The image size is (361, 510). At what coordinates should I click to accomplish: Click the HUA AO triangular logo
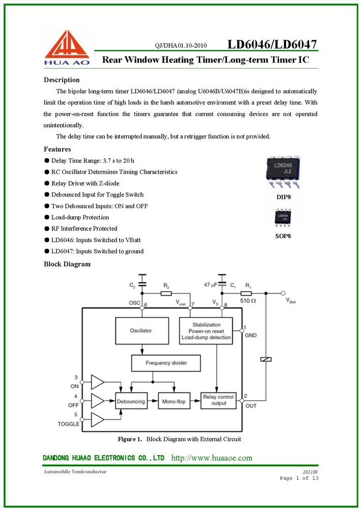click(x=66, y=47)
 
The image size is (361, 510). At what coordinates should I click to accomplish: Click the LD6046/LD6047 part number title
click(x=272, y=44)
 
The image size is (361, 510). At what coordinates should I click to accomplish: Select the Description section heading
click(x=62, y=80)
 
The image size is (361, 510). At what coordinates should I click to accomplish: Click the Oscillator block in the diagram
click(x=142, y=330)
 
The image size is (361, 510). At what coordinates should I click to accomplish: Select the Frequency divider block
click(x=166, y=363)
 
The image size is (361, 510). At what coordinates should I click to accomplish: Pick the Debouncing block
click(x=131, y=402)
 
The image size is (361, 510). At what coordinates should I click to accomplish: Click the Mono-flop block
click(x=174, y=402)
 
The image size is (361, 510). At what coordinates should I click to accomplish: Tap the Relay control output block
click(x=218, y=400)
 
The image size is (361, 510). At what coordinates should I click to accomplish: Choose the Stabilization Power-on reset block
click(x=206, y=330)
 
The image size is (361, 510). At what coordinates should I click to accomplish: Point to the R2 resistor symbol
click(x=166, y=293)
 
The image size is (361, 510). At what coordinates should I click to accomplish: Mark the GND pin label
click(x=251, y=336)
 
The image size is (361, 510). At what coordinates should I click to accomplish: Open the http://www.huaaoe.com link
click(x=212, y=458)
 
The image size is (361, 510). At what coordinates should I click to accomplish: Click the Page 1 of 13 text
click(x=299, y=478)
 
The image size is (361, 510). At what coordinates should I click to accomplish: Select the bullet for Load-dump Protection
click(x=47, y=217)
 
